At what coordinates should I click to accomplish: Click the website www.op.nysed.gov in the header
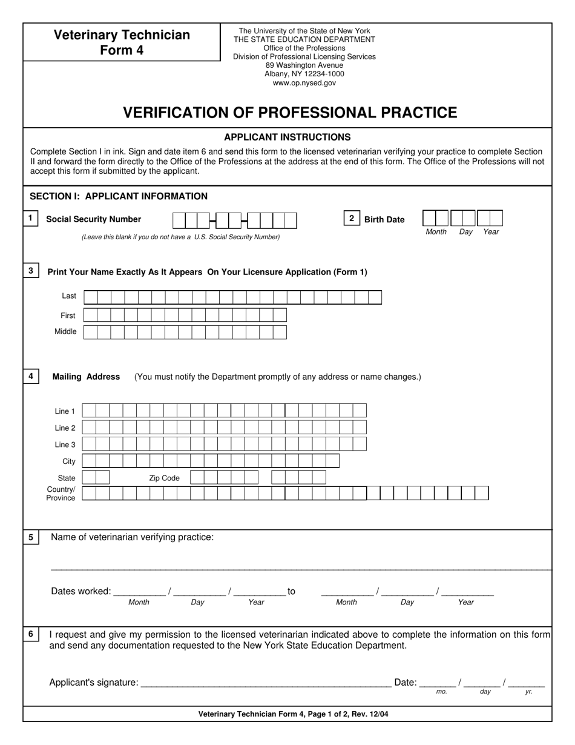(x=304, y=83)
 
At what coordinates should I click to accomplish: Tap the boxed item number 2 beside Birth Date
(x=352, y=219)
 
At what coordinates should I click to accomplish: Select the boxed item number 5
(x=31, y=537)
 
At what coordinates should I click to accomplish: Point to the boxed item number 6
(x=31, y=634)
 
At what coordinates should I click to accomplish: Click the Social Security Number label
(x=94, y=219)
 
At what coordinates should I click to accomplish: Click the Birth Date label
(x=384, y=219)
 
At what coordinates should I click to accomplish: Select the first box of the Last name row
(x=91, y=297)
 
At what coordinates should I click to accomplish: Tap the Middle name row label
(x=65, y=331)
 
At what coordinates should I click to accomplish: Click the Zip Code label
(x=165, y=478)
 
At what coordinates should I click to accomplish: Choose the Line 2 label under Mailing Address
(x=65, y=428)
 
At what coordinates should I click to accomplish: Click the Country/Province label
(x=61, y=494)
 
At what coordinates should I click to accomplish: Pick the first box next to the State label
(x=88, y=477)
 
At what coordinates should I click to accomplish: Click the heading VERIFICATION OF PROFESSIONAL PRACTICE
(x=290, y=113)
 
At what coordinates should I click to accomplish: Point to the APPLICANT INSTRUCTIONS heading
(x=287, y=137)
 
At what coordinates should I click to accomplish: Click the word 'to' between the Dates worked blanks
(x=291, y=591)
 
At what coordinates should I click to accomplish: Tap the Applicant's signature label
(x=94, y=683)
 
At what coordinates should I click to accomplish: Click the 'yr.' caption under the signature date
(x=529, y=691)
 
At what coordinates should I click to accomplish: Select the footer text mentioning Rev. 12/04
(x=294, y=714)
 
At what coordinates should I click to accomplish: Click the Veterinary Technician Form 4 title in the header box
(x=122, y=42)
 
